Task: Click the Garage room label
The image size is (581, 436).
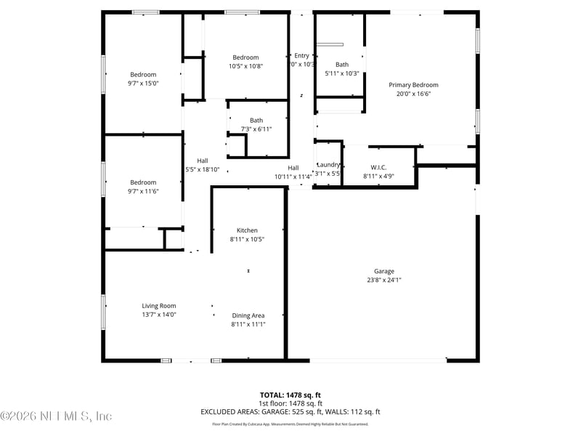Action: pyautogui.click(x=384, y=271)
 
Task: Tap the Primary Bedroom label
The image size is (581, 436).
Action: pyautogui.click(x=413, y=85)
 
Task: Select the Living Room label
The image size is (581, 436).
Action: pyautogui.click(x=158, y=306)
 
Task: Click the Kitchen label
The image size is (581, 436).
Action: pyautogui.click(x=247, y=230)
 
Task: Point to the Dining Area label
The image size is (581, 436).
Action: pyautogui.click(x=248, y=315)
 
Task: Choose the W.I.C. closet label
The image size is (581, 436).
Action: pyautogui.click(x=378, y=167)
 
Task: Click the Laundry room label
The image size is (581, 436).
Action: pyautogui.click(x=328, y=164)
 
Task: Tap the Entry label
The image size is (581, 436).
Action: pyautogui.click(x=301, y=55)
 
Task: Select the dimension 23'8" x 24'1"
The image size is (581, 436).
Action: pyautogui.click(x=384, y=280)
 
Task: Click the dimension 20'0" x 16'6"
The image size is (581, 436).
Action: pyautogui.click(x=413, y=94)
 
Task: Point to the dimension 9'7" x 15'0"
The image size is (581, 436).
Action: pyautogui.click(x=143, y=84)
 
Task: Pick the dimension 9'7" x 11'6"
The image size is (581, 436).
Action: pyautogui.click(x=143, y=191)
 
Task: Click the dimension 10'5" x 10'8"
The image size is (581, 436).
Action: pyautogui.click(x=245, y=66)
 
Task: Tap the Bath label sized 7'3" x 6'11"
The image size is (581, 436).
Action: pyautogui.click(x=256, y=121)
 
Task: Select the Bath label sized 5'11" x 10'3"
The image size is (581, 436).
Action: pyautogui.click(x=341, y=65)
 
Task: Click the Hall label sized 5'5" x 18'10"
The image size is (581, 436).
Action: pyautogui.click(x=203, y=161)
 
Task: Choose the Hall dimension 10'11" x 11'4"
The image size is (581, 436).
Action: pyautogui.click(x=293, y=176)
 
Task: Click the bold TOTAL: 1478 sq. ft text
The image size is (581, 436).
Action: pyautogui.click(x=290, y=395)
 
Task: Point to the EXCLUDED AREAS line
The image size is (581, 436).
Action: pyautogui.click(x=290, y=412)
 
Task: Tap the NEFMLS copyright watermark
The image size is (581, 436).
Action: pyautogui.click(x=56, y=416)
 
